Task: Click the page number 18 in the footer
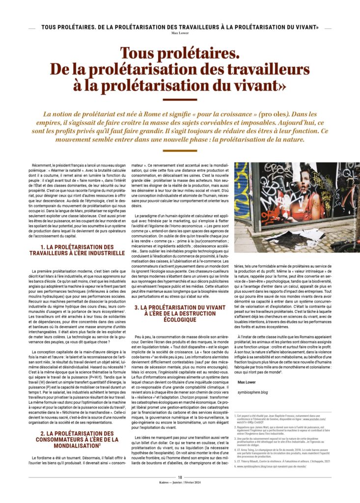pyautogui.click(x=180, y=477)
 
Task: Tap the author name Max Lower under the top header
pyautogui.click(x=180, y=34)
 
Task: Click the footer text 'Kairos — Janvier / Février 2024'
pyautogui.click(x=180, y=482)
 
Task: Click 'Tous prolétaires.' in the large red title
pyautogui.click(x=180, y=52)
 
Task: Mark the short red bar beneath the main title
pyautogui.click(x=180, y=100)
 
